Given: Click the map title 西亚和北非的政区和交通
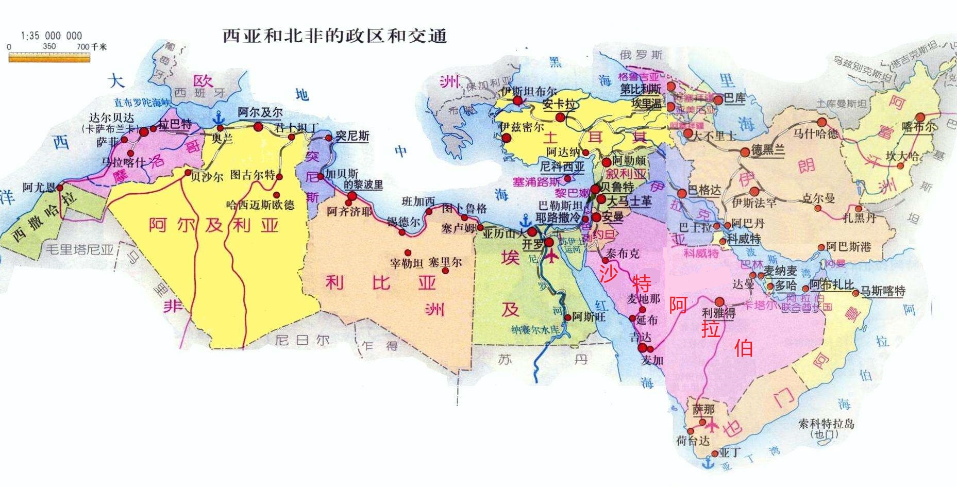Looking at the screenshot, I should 334,36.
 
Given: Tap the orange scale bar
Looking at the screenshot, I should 49,58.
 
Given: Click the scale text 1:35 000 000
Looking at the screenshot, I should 51,36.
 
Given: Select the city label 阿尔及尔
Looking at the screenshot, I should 260,112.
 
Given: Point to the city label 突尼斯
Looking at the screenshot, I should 352,136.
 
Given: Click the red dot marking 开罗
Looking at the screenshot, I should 549,242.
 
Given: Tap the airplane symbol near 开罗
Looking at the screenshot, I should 552,255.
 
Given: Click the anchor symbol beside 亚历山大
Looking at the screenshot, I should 525,221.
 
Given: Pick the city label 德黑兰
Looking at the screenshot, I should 768,150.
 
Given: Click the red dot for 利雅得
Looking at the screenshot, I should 719,302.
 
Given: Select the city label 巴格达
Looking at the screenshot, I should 704,190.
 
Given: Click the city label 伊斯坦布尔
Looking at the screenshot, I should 528,91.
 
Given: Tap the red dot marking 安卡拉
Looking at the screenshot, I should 560,117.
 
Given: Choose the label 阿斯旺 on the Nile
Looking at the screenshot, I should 589,316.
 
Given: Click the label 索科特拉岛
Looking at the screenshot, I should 826,424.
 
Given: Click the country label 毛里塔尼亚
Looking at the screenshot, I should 80,250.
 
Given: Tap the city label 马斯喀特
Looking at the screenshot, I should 883,291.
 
